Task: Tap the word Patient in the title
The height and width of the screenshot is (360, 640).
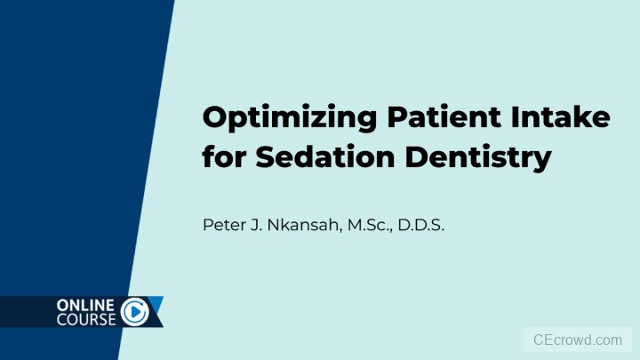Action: (429, 117)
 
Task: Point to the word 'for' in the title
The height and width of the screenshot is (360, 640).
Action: (225, 157)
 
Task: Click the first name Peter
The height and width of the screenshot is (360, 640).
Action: (222, 226)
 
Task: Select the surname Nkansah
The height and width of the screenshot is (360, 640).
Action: (305, 226)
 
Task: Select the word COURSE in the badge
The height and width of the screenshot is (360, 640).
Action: (86, 319)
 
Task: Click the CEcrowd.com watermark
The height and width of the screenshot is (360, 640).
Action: (578, 340)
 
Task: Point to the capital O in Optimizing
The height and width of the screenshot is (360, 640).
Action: (216, 117)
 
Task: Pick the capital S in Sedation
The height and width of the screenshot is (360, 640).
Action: (266, 157)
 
